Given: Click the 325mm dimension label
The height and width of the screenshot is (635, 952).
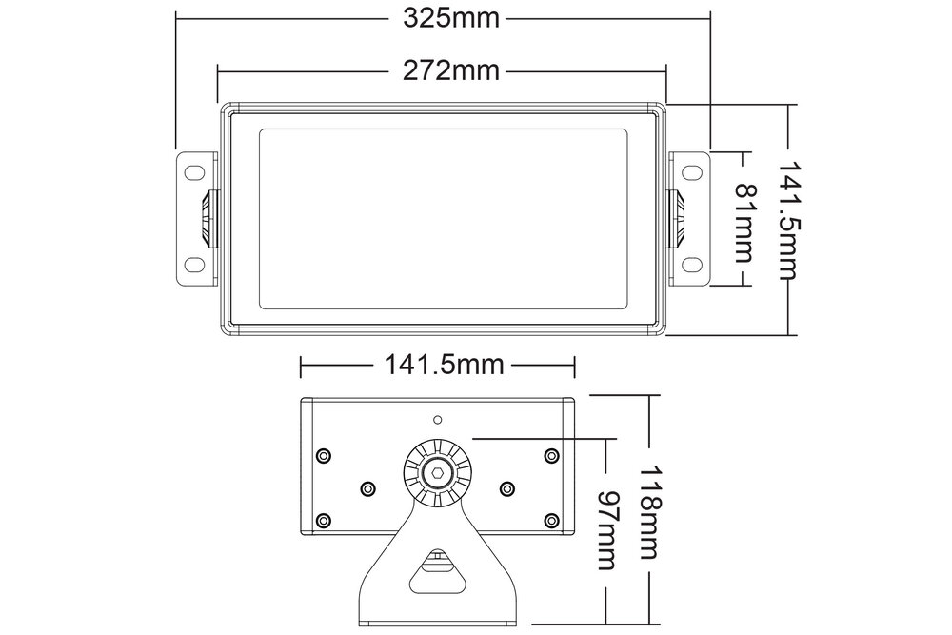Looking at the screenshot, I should (443, 18).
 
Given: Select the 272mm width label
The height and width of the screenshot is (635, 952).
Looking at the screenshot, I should (443, 70).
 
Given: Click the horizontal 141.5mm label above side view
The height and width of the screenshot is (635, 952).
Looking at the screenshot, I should (438, 366).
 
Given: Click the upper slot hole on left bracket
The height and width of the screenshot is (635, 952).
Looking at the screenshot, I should (193, 173).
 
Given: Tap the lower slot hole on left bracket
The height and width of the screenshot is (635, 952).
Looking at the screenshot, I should (193, 264).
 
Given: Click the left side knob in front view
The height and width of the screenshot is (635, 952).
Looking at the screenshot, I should (208, 218).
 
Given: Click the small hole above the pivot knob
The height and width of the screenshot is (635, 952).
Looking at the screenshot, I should (437, 419).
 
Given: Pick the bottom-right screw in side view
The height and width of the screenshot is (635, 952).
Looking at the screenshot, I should (550, 521).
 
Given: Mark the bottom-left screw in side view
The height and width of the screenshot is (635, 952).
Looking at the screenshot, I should (324, 521).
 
